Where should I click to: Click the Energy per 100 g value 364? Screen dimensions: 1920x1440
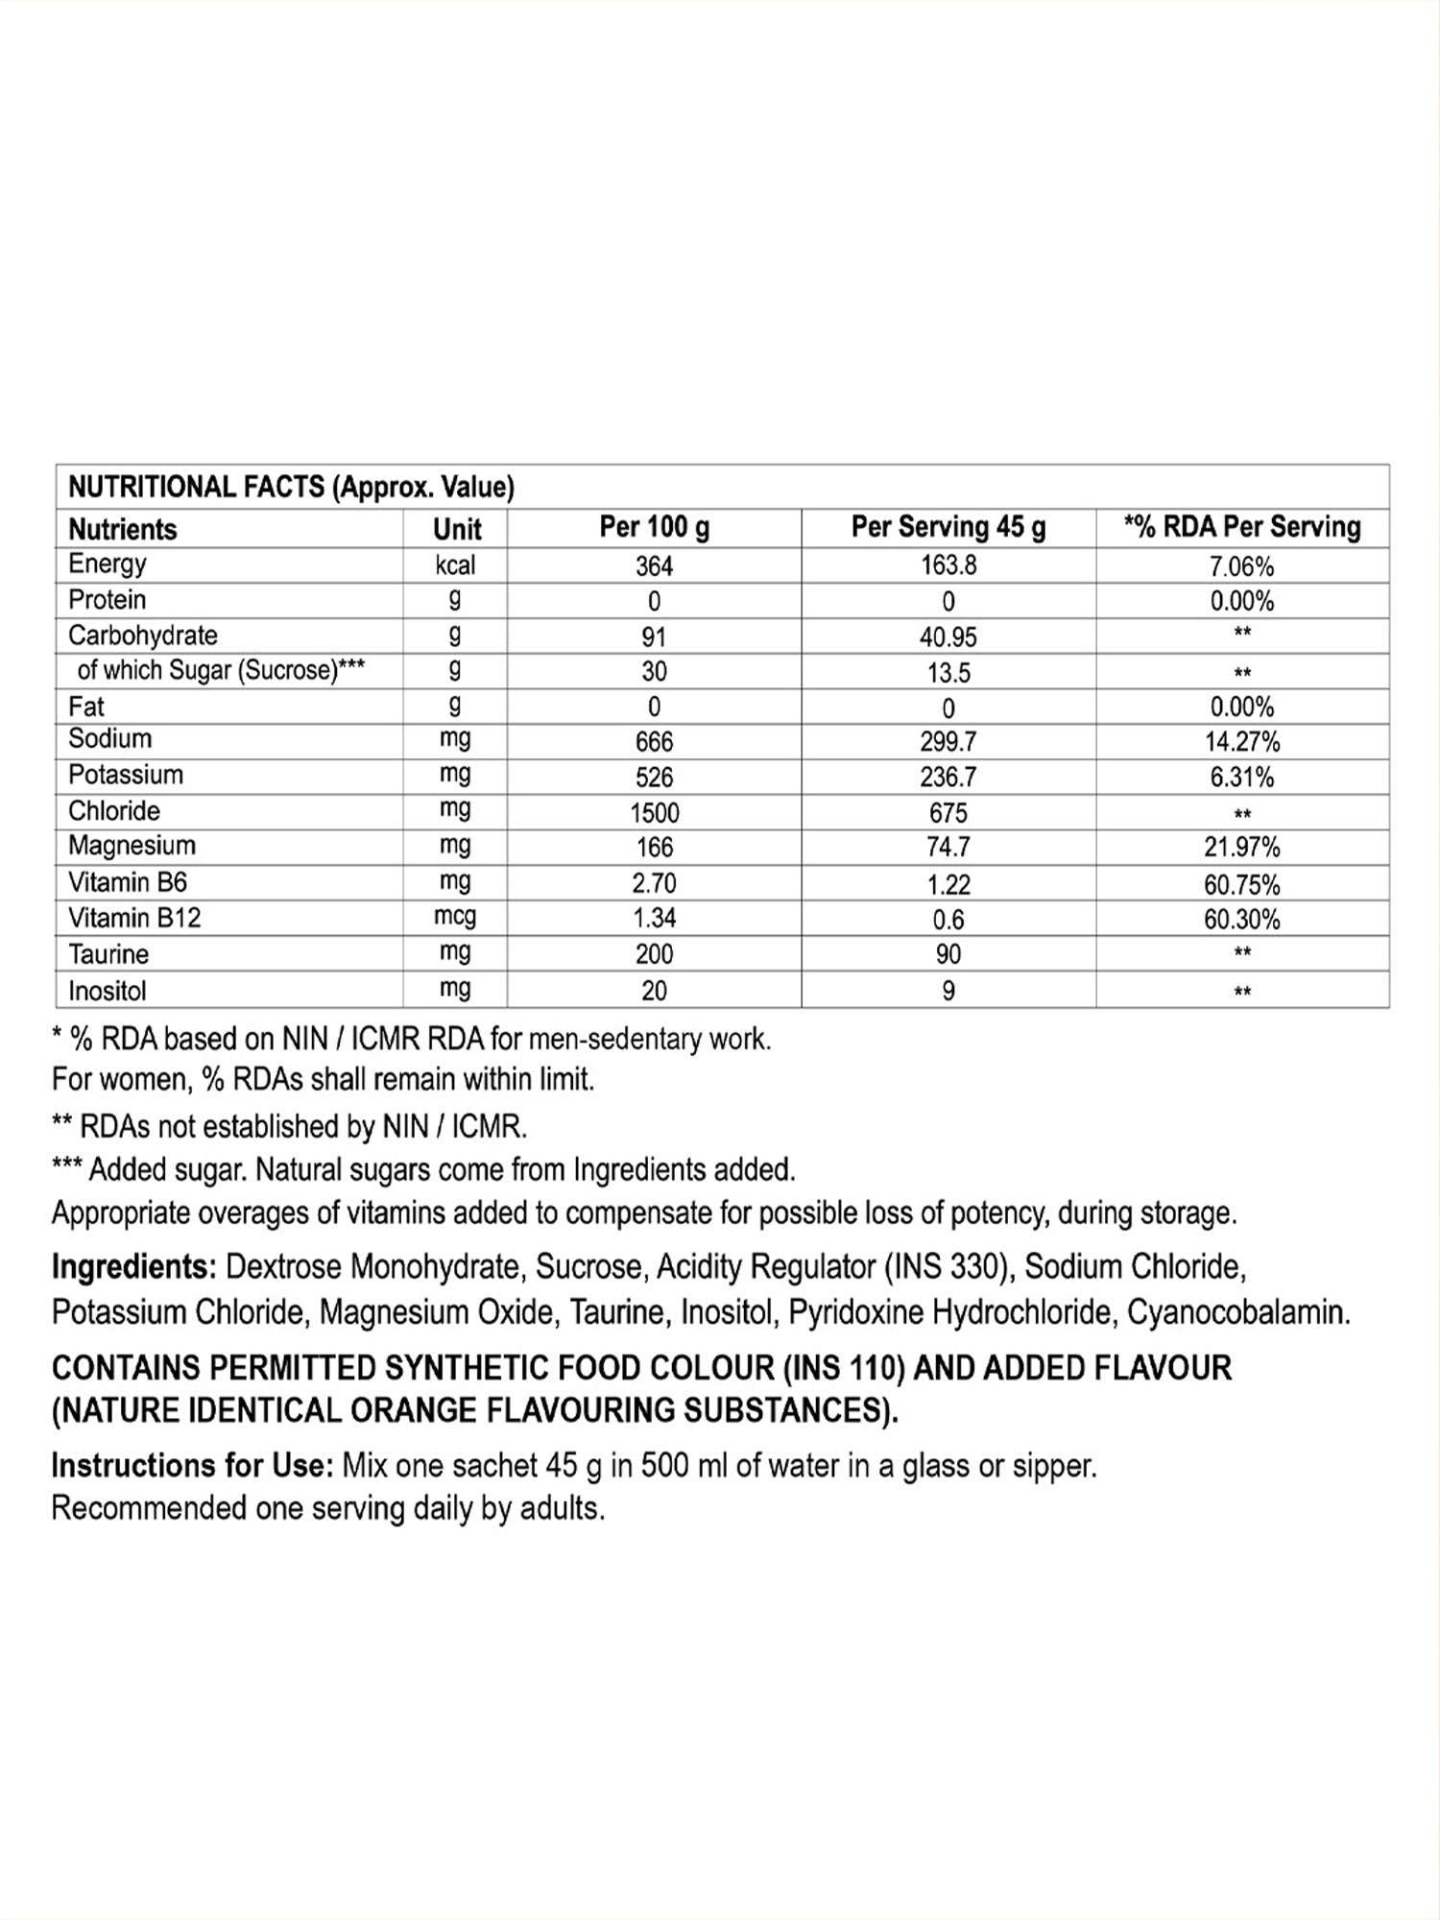[x=654, y=566]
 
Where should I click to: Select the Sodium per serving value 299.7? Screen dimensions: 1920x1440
[x=948, y=741]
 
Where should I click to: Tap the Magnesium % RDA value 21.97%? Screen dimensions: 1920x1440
[x=1241, y=847]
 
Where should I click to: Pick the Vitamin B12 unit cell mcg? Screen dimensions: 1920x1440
[x=455, y=917]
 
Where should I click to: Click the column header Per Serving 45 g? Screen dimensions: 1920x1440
[x=948, y=527]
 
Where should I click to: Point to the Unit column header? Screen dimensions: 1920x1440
[x=457, y=529]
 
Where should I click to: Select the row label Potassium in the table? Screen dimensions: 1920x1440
[x=126, y=775]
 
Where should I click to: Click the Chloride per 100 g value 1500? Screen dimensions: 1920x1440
[x=654, y=812]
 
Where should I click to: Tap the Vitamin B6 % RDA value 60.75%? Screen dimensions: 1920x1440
[x=1241, y=883]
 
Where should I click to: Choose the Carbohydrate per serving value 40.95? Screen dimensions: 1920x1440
[x=948, y=636]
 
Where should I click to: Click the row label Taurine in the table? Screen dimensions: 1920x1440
[x=108, y=954]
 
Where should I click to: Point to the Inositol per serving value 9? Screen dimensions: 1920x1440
[x=948, y=991]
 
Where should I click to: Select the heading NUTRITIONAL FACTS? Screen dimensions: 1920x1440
[x=196, y=488]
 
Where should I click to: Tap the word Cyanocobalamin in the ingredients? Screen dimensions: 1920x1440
[x=1238, y=1312]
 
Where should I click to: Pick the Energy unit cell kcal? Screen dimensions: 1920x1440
[x=455, y=565]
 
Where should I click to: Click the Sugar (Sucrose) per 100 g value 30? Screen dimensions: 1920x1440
[x=654, y=672]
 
